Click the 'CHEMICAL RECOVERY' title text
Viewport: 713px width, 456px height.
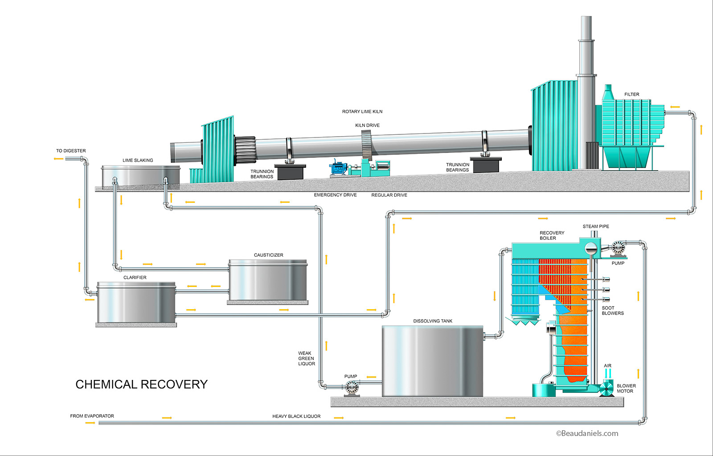[x=141, y=384]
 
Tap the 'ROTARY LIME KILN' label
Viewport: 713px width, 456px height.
[x=362, y=112]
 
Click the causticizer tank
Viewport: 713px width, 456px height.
[x=267, y=280]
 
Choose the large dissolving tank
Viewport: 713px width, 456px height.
[x=432, y=361]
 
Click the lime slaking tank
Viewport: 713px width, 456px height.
[x=140, y=177]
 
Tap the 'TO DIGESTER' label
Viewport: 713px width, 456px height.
[x=71, y=151]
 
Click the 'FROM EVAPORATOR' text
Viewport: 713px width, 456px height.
[x=92, y=416]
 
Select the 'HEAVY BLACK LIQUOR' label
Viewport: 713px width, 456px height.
[x=296, y=416]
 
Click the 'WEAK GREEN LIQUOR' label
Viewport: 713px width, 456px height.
[x=306, y=359]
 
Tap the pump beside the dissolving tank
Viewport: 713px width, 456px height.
[x=352, y=388]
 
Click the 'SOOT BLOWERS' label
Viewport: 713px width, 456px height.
[x=612, y=311]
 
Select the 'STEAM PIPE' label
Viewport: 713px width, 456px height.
[x=595, y=226]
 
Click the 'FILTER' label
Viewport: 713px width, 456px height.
[x=631, y=94]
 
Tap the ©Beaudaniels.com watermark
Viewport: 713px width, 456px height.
[x=587, y=433]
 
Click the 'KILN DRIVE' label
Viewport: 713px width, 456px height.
[x=367, y=125]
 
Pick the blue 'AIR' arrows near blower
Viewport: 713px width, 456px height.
[x=607, y=373]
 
